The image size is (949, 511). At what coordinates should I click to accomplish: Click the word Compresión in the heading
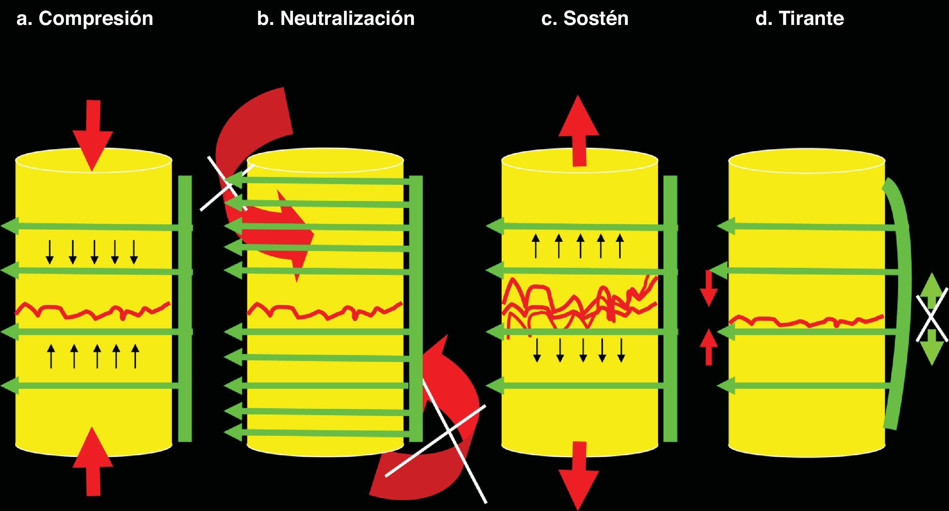[x=95, y=19]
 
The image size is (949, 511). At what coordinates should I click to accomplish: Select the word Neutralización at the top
[x=347, y=19]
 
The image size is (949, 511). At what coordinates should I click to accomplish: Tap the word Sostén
[x=596, y=19]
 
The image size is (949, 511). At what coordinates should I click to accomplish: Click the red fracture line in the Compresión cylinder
[x=92, y=312]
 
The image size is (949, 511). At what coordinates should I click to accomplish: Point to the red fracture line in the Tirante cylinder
[x=807, y=321]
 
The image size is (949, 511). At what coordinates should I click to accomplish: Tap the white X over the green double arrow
[x=932, y=320]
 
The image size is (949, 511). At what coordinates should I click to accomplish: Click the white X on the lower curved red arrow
[x=448, y=435]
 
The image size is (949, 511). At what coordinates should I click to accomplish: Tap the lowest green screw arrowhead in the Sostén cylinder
[x=494, y=386]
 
